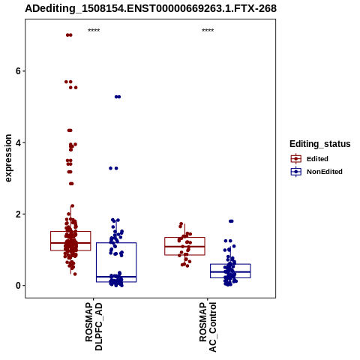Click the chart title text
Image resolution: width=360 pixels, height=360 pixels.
[151, 8]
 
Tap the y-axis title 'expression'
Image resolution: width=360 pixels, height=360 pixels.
[8, 158]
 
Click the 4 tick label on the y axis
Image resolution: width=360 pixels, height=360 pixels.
[18, 142]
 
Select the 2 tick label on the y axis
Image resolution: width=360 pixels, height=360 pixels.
[18, 214]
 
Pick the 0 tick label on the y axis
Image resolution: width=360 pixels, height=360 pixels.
[18, 285]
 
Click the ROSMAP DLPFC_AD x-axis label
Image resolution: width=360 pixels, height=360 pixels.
[94, 326]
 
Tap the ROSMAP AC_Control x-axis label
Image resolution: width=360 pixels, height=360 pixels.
[208, 327]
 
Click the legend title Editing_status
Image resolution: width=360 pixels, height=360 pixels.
[320, 144]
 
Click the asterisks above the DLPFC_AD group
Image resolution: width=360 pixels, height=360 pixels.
[94, 30]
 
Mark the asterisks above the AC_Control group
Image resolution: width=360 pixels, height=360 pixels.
[208, 30]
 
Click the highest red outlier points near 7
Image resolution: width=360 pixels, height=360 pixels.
[69, 35]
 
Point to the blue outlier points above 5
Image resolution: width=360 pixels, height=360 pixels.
[118, 97]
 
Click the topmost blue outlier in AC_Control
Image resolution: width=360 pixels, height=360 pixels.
[231, 221]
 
